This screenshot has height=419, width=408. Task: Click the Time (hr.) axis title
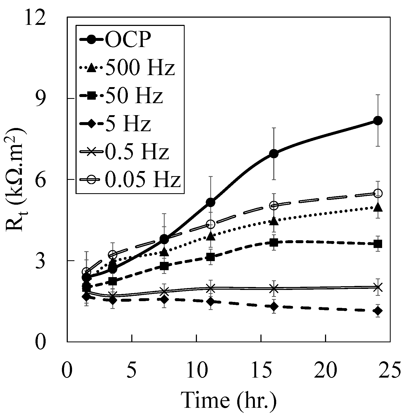(228, 401)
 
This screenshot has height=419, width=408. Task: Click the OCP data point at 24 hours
(378, 121)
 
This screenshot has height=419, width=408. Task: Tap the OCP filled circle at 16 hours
(274, 154)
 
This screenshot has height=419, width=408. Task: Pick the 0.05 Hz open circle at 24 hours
(378, 193)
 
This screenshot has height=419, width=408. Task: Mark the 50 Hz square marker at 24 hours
(378, 244)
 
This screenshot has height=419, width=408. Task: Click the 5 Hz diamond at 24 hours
(378, 311)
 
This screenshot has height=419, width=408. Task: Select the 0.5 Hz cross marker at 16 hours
(274, 289)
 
